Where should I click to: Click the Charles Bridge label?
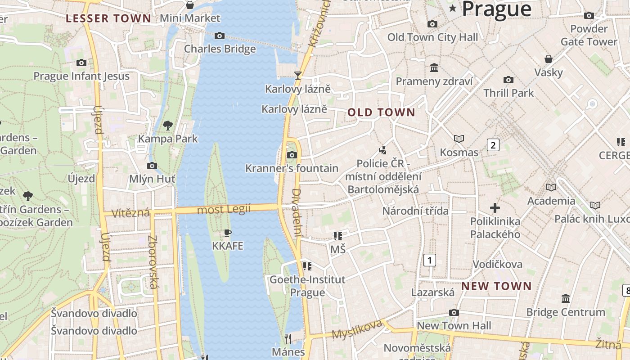pyautogui.click(x=220, y=49)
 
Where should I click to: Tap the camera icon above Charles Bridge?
pyautogui.click(x=220, y=36)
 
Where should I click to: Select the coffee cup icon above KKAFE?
pyautogui.click(x=228, y=233)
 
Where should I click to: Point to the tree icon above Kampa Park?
pyautogui.click(x=168, y=125)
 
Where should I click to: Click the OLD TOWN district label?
pyautogui.click(x=382, y=112)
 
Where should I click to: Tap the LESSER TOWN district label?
pyautogui.click(x=108, y=18)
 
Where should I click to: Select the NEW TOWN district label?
pyautogui.click(x=496, y=286)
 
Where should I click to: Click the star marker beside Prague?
pyautogui.click(x=452, y=9)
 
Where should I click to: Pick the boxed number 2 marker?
pyautogui.click(x=493, y=145)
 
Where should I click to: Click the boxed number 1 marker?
pyautogui.click(x=430, y=260)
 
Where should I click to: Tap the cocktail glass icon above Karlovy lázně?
pyautogui.click(x=297, y=75)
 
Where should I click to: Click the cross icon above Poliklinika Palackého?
pyautogui.click(x=495, y=207)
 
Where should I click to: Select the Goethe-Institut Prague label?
pyautogui.click(x=307, y=286)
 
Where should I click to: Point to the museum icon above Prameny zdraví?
pyautogui.click(x=434, y=68)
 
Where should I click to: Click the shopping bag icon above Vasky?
pyautogui.click(x=548, y=59)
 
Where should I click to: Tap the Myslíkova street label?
pyautogui.click(x=357, y=330)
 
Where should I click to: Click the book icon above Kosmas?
pyautogui.click(x=459, y=139)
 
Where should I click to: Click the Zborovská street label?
pyautogui.click(x=153, y=262)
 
